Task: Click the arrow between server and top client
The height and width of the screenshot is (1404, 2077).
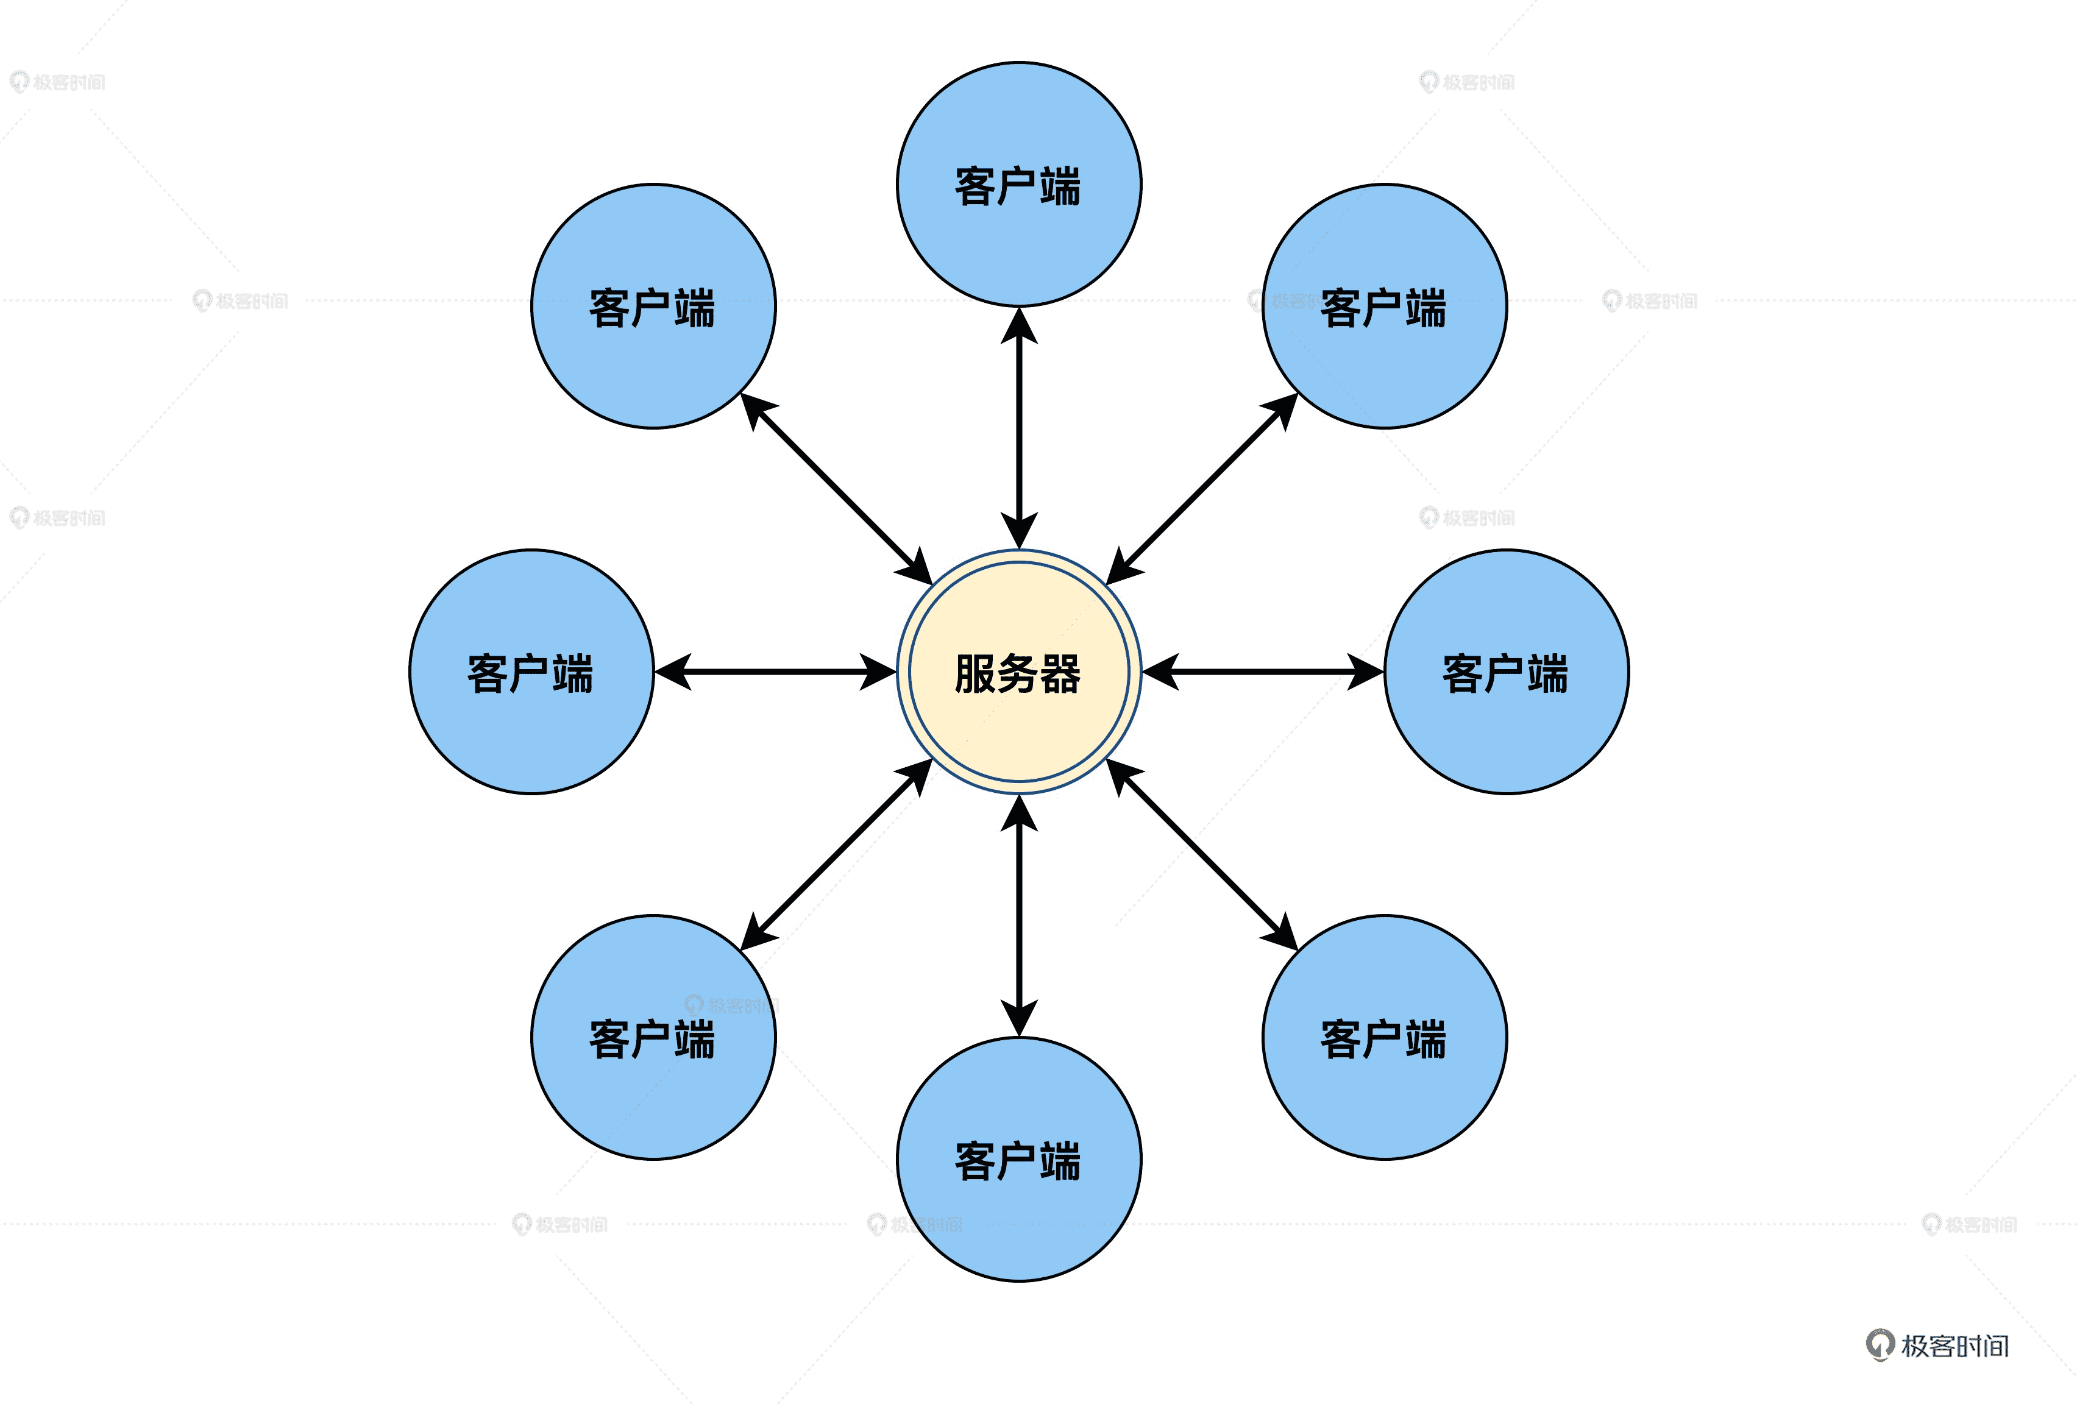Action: tap(1019, 429)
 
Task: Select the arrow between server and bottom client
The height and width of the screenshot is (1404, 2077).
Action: tap(1019, 915)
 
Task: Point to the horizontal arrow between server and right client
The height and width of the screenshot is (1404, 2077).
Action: tap(1263, 671)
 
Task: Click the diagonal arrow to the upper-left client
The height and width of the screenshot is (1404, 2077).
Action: tap(837, 489)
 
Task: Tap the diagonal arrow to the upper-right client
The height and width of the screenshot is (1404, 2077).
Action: tap(1202, 489)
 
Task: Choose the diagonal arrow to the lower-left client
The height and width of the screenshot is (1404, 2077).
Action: tap(837, 854)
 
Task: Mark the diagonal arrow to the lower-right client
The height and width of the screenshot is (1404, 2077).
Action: tap(1202, 854)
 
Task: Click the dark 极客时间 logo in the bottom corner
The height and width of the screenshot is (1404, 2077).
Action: tap(1937, 1345)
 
